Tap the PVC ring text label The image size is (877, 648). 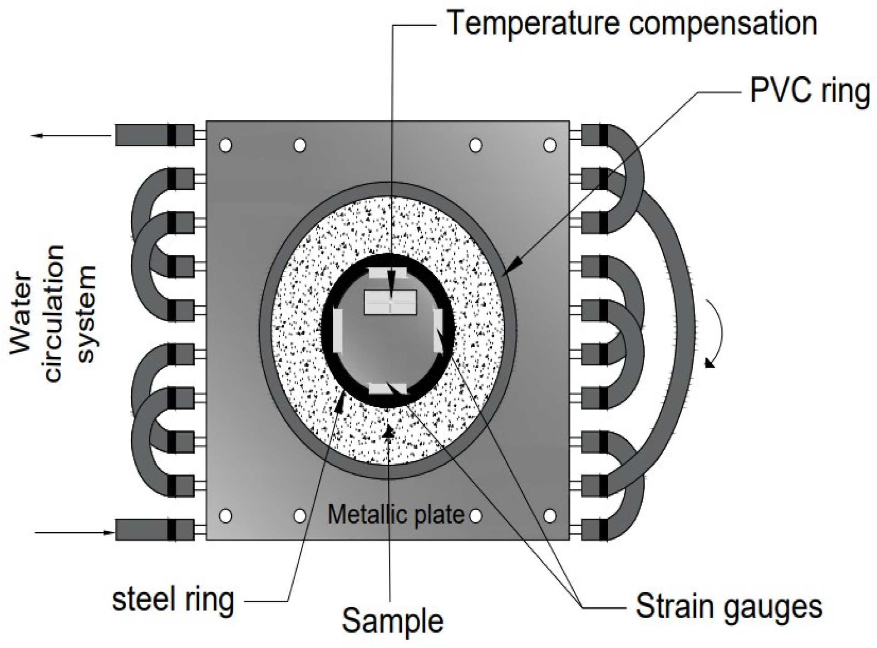pos(809,92)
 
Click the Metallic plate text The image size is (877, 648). pos(396,515)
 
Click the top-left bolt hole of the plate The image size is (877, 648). pos(226,146)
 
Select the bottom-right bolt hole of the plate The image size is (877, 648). pos(549,516)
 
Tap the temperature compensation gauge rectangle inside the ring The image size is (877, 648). pos(390,302)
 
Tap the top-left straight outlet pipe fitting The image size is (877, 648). pos(154,135)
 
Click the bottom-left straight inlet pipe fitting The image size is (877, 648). pos(154,530)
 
